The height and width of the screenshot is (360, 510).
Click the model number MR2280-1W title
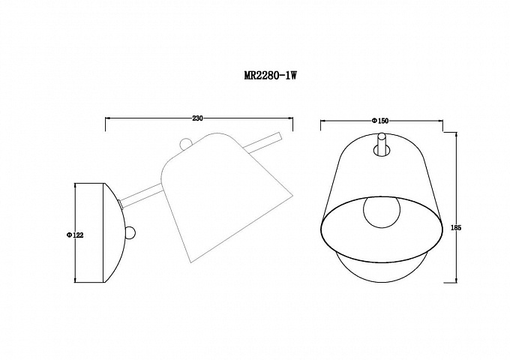coord(271,76)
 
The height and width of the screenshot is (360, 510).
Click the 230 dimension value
coord(197,118)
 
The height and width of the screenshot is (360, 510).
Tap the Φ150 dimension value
coord(380,121)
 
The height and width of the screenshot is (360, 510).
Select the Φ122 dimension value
coord(75,235)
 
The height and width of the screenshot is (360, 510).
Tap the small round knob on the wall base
coord(130,233)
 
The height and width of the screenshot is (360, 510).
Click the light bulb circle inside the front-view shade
coord(380,213)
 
